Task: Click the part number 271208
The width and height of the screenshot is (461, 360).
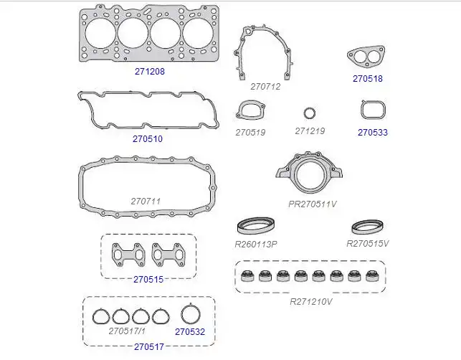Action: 150,72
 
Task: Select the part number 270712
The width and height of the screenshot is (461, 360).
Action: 265,87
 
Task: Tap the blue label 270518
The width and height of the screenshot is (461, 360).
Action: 368,79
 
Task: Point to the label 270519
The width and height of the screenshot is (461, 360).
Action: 250,133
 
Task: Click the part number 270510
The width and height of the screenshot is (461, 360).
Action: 148,139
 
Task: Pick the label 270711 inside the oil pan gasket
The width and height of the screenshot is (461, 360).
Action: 146,202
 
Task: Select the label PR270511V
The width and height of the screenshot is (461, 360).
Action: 313,204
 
